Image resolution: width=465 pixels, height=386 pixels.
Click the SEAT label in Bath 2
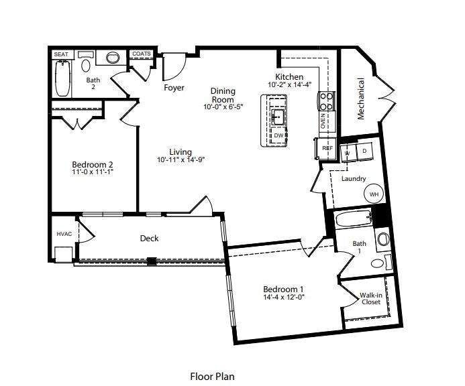61,54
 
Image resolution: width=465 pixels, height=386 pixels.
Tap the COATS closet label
142,54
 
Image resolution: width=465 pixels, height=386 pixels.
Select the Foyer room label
174,88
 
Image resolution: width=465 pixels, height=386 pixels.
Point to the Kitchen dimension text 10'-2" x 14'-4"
290,85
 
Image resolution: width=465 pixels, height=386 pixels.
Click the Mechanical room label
361,99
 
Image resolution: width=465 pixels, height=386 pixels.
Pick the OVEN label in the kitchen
323,121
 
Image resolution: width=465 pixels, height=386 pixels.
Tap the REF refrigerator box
327,147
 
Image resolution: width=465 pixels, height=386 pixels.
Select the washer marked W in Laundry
348,153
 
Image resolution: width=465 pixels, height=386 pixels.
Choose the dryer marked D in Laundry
365,152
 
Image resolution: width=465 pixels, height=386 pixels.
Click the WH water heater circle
374,194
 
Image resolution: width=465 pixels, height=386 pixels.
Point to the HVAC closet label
64,234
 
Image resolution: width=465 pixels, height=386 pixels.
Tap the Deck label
149,238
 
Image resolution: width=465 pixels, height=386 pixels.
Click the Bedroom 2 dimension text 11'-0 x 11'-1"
93,172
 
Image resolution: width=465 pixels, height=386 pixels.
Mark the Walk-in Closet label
370,298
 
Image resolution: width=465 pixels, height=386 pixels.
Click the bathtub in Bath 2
62,79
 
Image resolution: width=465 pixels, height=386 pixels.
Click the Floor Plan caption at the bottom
213,377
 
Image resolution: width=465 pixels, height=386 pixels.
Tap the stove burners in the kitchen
326,101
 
